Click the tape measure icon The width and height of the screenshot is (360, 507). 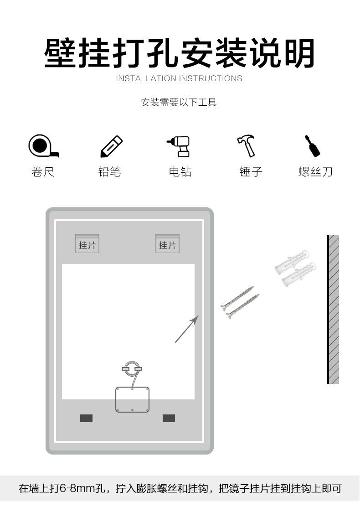point(42,146)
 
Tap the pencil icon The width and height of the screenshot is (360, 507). point(111,146)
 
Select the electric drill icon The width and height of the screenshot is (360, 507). point(179,146)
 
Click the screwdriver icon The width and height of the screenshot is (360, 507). point(313,146)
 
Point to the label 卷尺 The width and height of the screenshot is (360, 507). point(43,172)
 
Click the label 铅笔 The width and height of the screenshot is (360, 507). point(110,172)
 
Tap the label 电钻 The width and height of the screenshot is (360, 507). point(180,172)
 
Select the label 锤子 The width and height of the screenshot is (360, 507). point(251,172)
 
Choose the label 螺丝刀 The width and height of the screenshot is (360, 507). point(315,172)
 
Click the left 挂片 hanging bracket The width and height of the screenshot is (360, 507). point(87,244)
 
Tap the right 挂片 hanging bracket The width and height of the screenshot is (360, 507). point(167,244)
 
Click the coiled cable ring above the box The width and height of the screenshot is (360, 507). point(132,368)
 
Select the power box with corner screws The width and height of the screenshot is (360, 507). point(133,399)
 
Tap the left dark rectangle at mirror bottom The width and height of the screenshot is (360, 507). point(86,418)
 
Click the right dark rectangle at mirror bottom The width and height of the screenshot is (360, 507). point(169,418)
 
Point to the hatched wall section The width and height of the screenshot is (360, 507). point(334,309)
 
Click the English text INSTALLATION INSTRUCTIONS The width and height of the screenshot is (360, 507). point(179,78)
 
